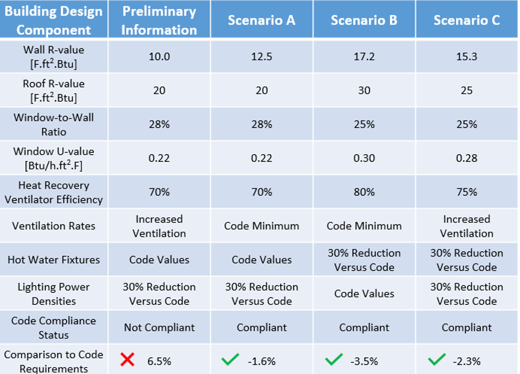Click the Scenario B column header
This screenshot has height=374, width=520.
pyautogui.click(x=364, y=20)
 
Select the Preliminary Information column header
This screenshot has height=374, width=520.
pyautogui.click(x=159, y=20)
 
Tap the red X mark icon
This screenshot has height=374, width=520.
pyautogui.click(x=127, y=360)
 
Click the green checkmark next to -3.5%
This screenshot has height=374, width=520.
pyautogui.click(x=334, y=360)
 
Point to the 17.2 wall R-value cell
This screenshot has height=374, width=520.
pyautogui.click(x=364, y=57)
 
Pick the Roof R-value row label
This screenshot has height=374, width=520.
pyautogui.click(x=54, y=90)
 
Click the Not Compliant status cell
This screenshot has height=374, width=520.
pyautogui.click(x=159, y=328)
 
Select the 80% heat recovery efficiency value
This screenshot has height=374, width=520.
pyautogui.click(x=364, y=192)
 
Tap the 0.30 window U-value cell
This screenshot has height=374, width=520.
pyautogui.click(x=364, y=158)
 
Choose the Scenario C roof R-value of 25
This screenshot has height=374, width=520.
pyautogui.click(x=466, y=90)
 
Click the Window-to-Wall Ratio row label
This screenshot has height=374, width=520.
pyautogui.click(x=54, y=124)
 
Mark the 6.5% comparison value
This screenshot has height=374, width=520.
pyautogui.click(x=159, y=361)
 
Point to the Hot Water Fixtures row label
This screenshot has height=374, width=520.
pyautogui.click(x=54, y=260)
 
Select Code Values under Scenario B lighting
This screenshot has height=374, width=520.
pyautogui.click(x=364, y=294)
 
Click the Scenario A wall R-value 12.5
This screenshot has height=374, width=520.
pyautogui.click(x=262, y=57)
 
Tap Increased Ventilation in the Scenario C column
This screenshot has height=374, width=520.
pyautogui.click(x=466, y=226)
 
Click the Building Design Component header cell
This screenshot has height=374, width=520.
pyautogui.click(x=54, y=20)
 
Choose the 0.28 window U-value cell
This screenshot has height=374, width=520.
pyautogui.click(x=466, y=158)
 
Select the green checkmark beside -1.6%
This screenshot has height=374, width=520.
pyautogui.click(x=230, y=360)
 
